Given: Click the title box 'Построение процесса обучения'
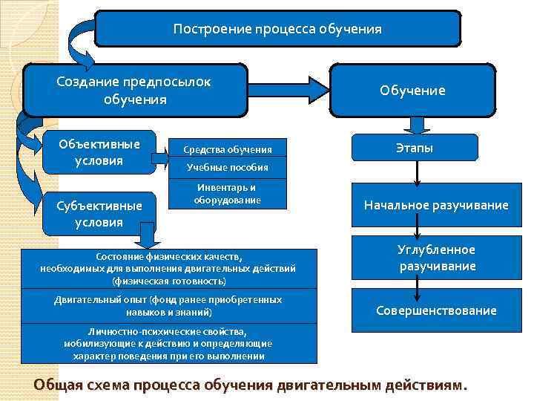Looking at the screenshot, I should [x=277, y=30].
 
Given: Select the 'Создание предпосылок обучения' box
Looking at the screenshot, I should [x=134, y=90].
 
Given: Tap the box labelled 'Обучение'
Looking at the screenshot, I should [x=412, y=90].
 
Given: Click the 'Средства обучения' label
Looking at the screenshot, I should [x=228, y=149].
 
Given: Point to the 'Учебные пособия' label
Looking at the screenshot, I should [x=226, y=168].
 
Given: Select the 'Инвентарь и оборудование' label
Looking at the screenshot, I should [x=226, y=194].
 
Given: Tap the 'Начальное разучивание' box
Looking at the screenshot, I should [x=436, y=205].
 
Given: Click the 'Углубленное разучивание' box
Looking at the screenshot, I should [x=436, y=257].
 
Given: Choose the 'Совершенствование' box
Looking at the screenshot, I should [x=436, y=310].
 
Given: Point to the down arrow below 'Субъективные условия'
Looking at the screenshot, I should [x=148, y=237].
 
